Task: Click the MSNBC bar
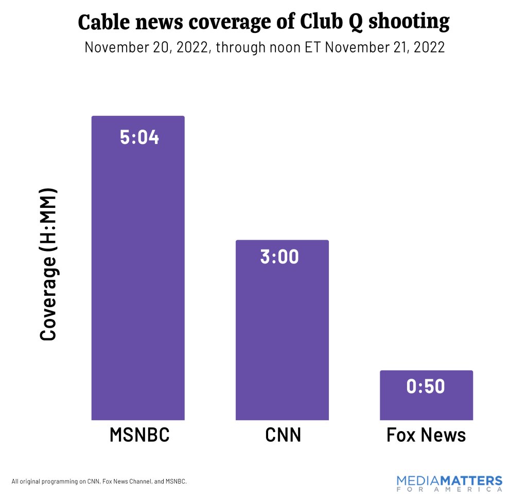(138, 278)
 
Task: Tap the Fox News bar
(426, 404)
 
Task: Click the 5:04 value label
(139, 137)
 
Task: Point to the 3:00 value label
(279, 257)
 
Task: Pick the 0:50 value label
(426, 386)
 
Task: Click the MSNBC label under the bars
(139, 435)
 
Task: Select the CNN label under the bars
(283, 435)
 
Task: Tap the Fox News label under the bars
(426, 435)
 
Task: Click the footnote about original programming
(99, 481)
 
